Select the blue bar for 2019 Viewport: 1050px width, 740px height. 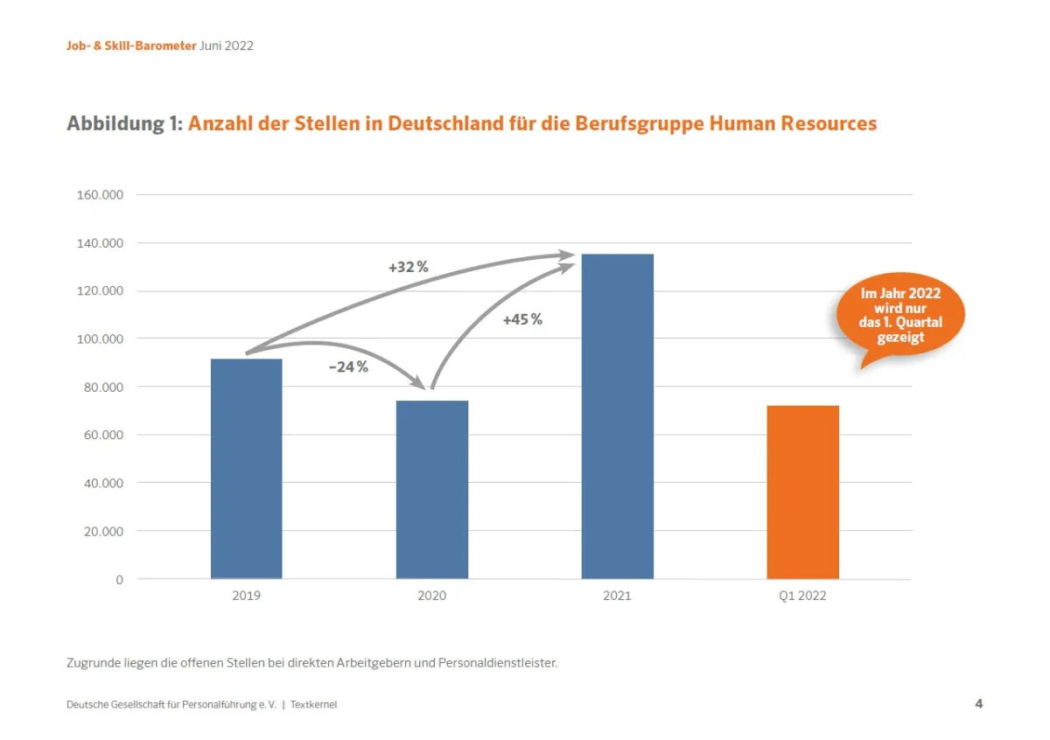click(246, 469)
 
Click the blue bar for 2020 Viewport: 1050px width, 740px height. click(431, 490)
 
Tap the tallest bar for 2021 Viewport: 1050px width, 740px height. click(617, 416)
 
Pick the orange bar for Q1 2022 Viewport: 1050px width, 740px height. click(802, 492)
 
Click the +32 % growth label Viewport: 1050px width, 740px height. click(409, 267)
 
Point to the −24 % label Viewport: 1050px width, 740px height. click(348, 367)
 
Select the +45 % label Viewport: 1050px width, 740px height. click(522, 319)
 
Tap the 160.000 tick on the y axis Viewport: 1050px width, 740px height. click(100, 194)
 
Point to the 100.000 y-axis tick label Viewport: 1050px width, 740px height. click(100, 339)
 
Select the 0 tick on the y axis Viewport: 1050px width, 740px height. click(119, 579)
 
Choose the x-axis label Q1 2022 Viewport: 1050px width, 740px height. click(802, 596)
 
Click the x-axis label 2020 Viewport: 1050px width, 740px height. click(431, 596)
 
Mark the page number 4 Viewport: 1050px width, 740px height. click(979, 703)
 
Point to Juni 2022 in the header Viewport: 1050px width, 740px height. click(227, 45)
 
